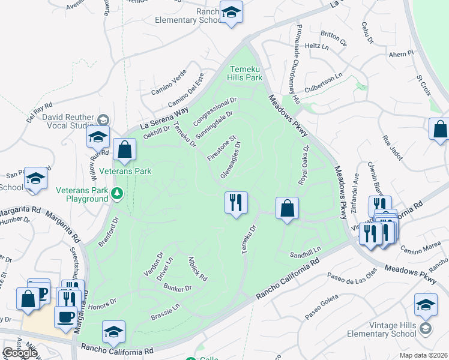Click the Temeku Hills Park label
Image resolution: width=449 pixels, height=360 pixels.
[245, 73]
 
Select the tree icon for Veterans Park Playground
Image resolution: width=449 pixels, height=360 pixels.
[118, 193]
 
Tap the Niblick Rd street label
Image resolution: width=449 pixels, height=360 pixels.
[197, 269]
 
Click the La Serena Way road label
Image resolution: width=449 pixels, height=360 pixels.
[164, 118]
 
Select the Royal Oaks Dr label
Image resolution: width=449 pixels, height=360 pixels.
[303, 164]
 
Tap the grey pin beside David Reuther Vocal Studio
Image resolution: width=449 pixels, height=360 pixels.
[103, 119]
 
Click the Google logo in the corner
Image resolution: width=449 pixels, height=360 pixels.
[19, 353]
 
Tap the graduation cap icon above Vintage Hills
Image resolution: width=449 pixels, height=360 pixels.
[426, 304]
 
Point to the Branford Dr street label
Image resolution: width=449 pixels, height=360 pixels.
[108, 232]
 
